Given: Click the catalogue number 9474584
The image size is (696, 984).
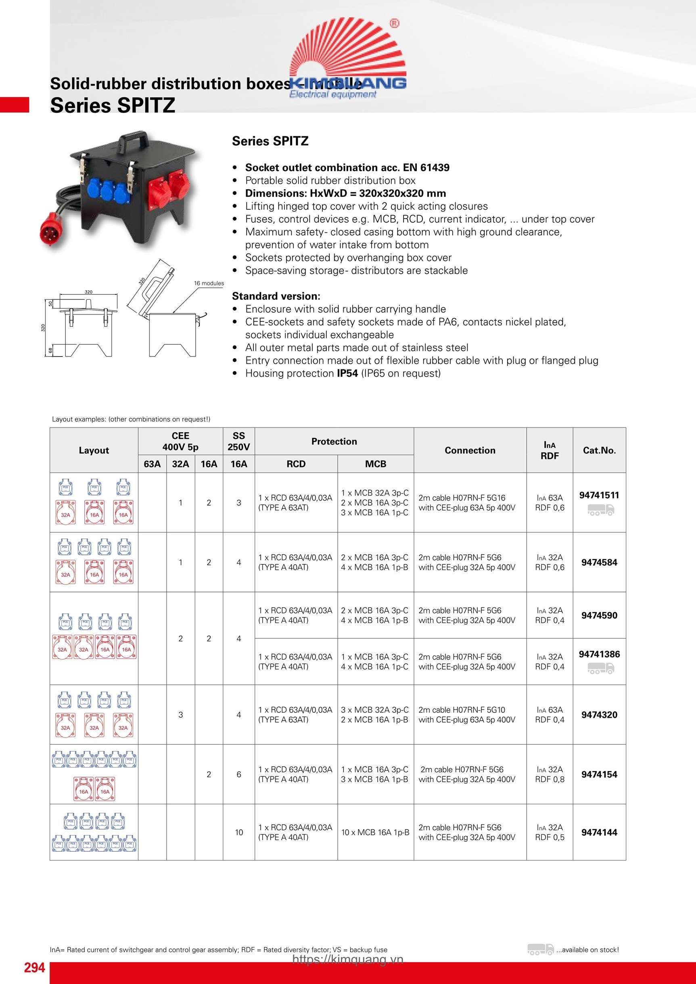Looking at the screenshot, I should point(599,562).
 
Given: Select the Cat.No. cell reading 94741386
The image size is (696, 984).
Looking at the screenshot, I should point(599,654).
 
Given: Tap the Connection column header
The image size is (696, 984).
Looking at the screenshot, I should point(470,450).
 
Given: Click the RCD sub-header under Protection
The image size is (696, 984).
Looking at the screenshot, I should point(296,464).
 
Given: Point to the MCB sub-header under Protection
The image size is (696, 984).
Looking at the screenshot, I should point(376,464).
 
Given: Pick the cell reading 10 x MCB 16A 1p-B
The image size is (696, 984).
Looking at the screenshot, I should point(375,832).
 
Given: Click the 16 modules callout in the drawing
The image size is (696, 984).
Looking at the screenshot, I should point(209,283).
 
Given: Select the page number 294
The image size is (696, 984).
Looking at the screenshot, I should point(34,967).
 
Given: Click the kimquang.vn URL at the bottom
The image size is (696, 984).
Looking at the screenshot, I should point(348,959).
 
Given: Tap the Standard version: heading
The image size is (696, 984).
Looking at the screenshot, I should point(276,296).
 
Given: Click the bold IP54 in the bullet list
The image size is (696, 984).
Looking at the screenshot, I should point(347,373).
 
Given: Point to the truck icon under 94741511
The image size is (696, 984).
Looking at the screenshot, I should point(600,510).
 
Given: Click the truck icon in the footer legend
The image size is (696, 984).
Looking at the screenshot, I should point(540,949).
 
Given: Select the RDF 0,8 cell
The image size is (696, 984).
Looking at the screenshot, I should point(550,779).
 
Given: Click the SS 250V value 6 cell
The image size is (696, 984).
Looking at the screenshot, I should point(239,774).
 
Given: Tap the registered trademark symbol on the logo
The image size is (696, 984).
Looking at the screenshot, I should point(394,23).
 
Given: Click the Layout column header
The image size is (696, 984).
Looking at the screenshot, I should point(94,450).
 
